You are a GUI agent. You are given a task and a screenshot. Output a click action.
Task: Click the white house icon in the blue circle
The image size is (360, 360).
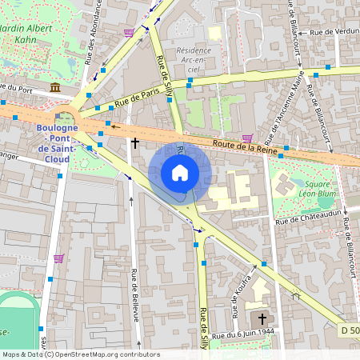(x=180, y=173)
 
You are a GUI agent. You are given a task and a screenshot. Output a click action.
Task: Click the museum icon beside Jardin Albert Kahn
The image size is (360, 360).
(x=54, y=87)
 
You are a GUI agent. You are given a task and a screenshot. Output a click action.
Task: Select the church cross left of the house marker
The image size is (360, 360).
(x=134, y=143)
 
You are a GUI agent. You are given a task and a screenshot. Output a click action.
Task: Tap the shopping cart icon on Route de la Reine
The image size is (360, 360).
(x=247, y=138)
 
